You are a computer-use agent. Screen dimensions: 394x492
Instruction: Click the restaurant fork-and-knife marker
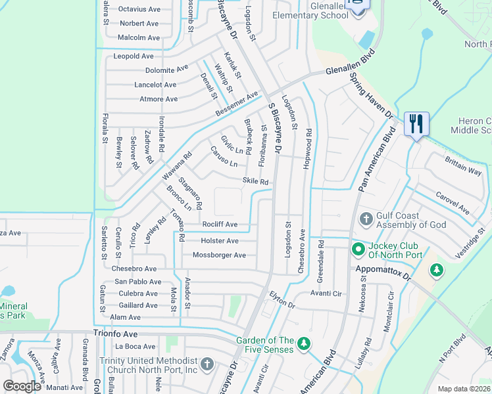(416, 123)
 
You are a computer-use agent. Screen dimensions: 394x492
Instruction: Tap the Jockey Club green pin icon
(358, 249)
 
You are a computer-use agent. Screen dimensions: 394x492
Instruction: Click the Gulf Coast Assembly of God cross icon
(366, 218)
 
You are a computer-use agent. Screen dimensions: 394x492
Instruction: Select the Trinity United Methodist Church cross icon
(207, 364)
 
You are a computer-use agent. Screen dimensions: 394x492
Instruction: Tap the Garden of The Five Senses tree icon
(303, 343)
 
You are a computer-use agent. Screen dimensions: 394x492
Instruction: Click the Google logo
(22, 386)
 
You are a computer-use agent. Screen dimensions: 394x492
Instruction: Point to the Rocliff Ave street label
(220, 225)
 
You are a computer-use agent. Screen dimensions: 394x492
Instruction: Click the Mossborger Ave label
(219, 255)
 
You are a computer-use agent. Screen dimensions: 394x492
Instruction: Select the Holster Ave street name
(220, 241)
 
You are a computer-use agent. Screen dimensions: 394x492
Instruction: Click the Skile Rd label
(255, 181)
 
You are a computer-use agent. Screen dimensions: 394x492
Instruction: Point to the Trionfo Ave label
(116, 334)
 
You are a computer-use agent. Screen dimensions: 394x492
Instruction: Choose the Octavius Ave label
(139, 10)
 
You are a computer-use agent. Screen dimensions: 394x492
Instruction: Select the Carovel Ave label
(453, 204)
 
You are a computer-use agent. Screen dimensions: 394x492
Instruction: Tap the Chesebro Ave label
(134, 269)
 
